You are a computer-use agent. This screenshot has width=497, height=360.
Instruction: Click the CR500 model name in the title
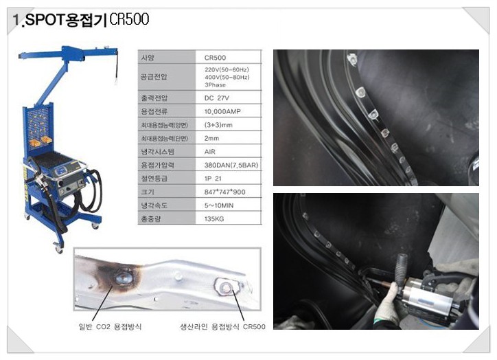click(x=129, y=20)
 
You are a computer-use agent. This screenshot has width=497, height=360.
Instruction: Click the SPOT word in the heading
click(x=43, y=21)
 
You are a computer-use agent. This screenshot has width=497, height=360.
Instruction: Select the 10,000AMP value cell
click(x=222, y=110)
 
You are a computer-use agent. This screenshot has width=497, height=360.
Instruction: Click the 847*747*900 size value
click(x=224, y=192)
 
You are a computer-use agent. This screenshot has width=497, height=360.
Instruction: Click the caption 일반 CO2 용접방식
click(x=117, y=326)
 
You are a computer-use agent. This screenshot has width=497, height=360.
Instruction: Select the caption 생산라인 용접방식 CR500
click(x=222, y=326)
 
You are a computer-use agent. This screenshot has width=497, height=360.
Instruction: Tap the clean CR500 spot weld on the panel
click(x=225, y=285)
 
